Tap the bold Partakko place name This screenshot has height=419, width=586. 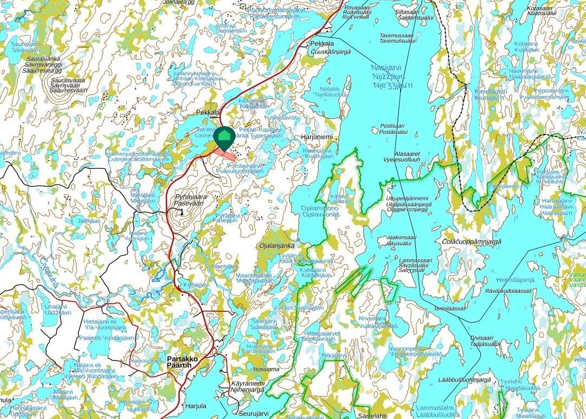tap(182, 359)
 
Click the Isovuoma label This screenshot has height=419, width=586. tap(266, 369)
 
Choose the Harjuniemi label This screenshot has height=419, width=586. tap(317, 138)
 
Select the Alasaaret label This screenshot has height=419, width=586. tap(408, 153)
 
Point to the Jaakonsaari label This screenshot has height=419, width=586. tap(404, 238)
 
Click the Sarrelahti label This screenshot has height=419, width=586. tap(372, 415)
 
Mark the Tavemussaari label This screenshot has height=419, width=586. tap(396, 35)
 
